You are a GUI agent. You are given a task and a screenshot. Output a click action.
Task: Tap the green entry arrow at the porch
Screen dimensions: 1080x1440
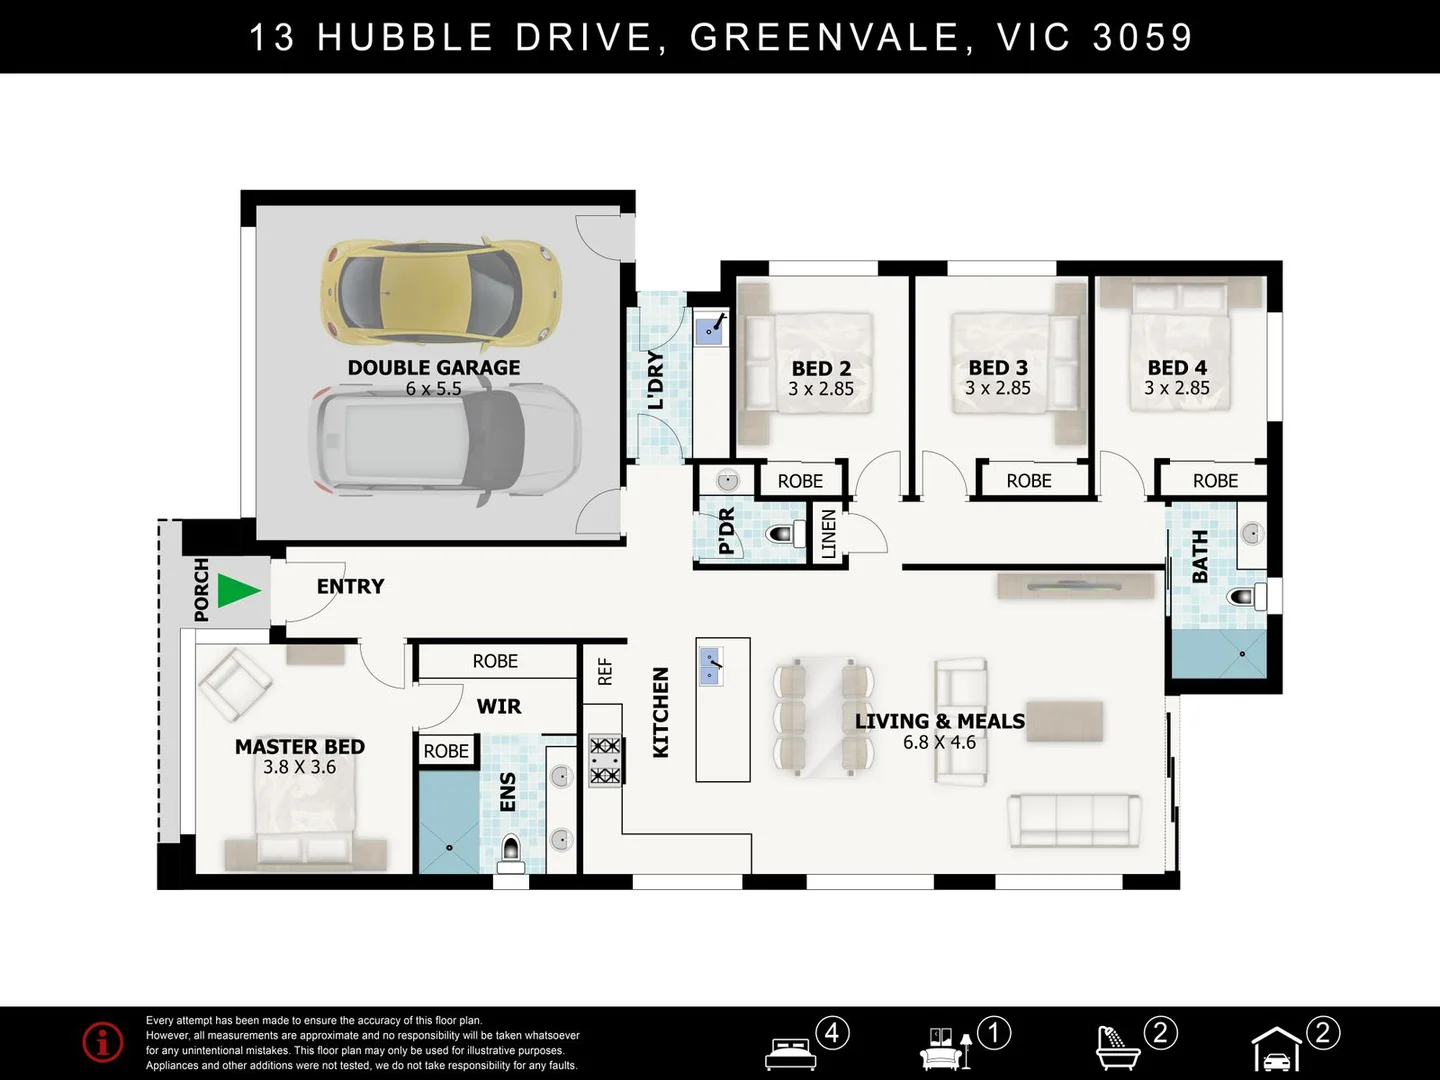click(237, 590)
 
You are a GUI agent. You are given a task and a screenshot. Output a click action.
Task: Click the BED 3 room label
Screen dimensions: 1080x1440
click(997, 368)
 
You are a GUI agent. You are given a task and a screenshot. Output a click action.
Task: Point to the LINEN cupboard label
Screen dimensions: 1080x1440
click(829, 533)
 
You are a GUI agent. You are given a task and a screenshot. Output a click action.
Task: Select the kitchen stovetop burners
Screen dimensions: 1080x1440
click(605, 761)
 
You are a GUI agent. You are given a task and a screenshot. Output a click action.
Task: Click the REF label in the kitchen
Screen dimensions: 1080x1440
click(605, 671)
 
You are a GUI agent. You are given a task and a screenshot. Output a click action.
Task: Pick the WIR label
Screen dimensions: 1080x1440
click(498, 707)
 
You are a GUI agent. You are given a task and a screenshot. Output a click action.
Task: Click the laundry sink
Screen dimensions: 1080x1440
click(711, 327)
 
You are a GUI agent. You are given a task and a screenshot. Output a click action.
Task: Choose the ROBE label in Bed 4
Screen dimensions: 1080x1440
click(1215, 481)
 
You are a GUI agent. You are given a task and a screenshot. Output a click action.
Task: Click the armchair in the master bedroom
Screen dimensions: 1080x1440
click(234, 684)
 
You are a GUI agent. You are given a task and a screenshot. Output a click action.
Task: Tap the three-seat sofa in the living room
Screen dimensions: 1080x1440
click(1074, 821)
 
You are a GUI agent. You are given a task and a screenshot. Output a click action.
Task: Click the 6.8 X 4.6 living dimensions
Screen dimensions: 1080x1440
click(939, 743)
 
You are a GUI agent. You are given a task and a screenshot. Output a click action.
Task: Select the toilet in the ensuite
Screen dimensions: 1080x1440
click(511, 851)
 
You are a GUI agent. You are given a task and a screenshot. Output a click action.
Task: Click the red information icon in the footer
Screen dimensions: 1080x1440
click(103, 1043)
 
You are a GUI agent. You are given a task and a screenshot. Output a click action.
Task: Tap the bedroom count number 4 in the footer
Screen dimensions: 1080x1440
click(832, 1032)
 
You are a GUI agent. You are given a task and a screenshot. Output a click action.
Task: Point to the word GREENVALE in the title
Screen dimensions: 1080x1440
click(825, 38)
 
